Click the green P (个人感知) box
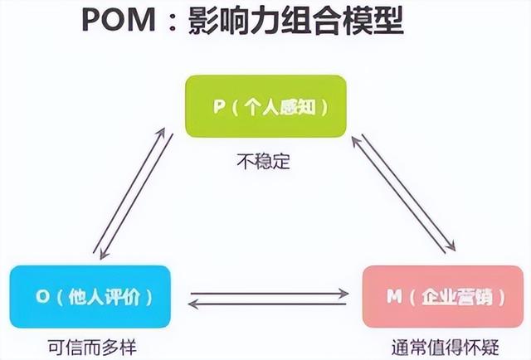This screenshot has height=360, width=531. [265, 107]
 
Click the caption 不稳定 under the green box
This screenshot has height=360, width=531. [263, 162]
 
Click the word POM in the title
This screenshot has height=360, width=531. [124, 24]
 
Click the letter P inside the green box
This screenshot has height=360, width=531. [217, 107]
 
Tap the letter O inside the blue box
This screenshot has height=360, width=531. [42, 296]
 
